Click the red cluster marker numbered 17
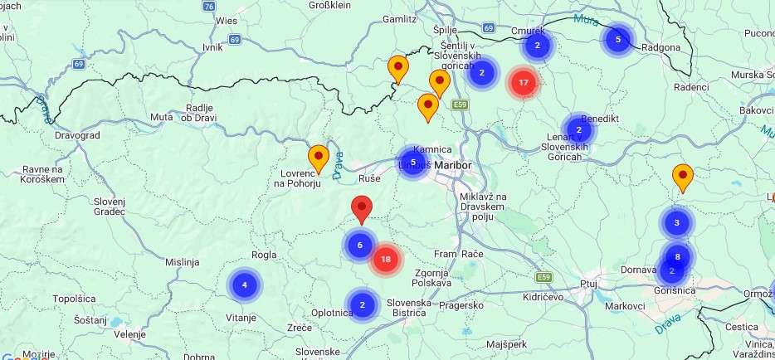tap(523, 82)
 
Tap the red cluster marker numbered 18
tap(385, 260)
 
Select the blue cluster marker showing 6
tap(360, 245)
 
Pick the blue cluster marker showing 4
tap(244, 285)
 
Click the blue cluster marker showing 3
tap(677, 222)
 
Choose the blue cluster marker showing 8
tap(678, 256)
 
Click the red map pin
tap(362, 207)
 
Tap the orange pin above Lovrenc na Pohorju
tap(319, 157)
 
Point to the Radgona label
tap(661, 47)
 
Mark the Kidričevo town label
tap(543, 296)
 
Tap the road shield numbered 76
tap(208, 6)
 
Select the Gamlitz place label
tap(400, 18)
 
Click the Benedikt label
tap(600, 119)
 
